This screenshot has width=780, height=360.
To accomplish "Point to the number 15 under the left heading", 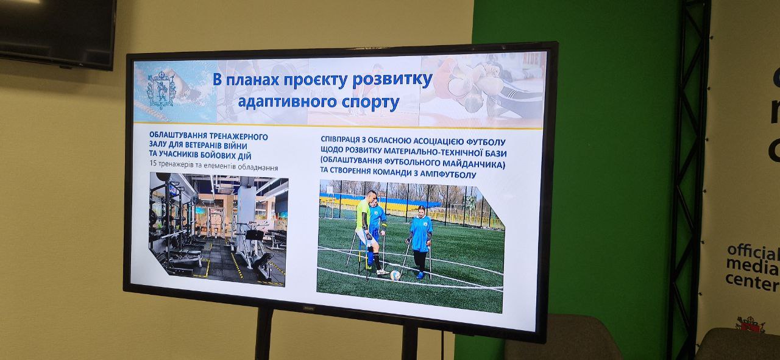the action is point(153,163).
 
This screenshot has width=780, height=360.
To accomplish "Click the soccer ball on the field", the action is point(395,275).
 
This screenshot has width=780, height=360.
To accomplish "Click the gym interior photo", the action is point(218,229).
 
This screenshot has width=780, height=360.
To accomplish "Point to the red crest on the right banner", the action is point(750,325).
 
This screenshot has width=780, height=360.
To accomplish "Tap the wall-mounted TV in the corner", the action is point(58,32).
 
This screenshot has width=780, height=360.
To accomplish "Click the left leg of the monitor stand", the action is point(264,333).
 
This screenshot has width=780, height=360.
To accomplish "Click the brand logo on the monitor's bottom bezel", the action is point(308,308).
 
